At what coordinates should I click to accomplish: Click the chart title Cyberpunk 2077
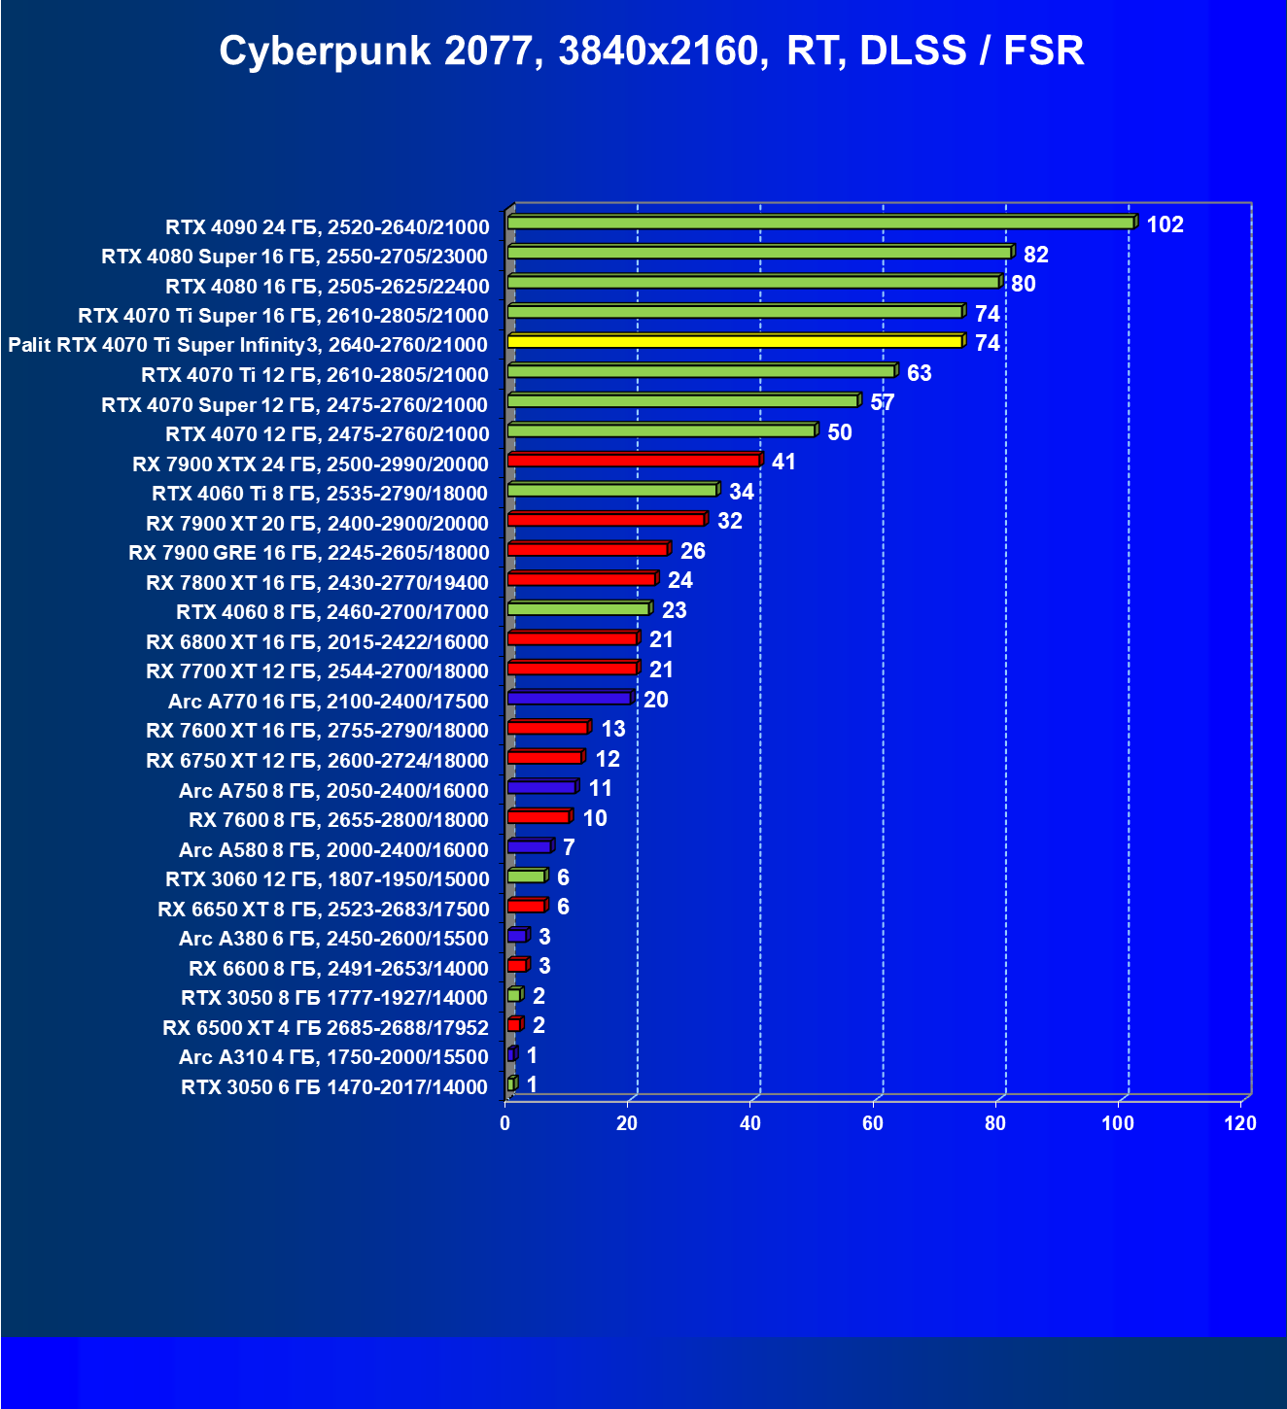pos(651,51)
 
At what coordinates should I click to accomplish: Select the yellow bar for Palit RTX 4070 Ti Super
pos(735,341)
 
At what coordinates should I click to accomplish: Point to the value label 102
pos(1165,224)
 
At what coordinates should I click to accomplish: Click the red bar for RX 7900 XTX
pos(633,460)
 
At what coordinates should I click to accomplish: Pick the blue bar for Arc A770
pos(569,698)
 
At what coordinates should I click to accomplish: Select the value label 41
pos(783,462)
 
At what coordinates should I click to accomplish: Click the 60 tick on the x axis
pos(873,1123)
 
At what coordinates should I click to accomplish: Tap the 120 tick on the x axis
pos(1240,1123)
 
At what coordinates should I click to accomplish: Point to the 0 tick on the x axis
pos(505,1123)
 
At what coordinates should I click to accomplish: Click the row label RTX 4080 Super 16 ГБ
pos(295,257)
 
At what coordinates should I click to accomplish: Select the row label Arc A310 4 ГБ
pos(333,1057)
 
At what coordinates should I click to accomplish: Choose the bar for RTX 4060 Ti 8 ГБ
pos(611,490)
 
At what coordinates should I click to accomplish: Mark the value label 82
pos(1035,255)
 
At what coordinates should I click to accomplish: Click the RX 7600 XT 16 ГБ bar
pos(547,727)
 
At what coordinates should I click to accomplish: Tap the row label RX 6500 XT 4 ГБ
pos(326,1027)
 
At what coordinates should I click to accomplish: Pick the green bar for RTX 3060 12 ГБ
pos(526,876)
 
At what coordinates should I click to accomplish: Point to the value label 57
pos(882,402)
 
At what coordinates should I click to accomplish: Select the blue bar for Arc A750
pos(541,786)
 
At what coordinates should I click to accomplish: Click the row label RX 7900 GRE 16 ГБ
pos(309,553)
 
